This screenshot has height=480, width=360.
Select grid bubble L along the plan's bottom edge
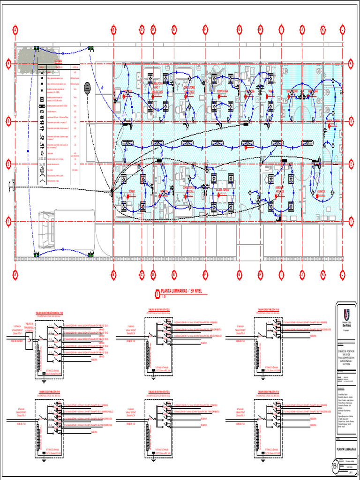click(343, 274)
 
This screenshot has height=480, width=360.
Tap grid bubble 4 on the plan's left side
click(8, 63)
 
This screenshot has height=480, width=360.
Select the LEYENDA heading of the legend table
click(58, 61)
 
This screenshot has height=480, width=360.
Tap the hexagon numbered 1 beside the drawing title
click(157, 294)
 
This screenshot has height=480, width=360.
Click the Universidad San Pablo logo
click(346, 313)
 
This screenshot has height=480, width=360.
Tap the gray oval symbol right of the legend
click(87, 87)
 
